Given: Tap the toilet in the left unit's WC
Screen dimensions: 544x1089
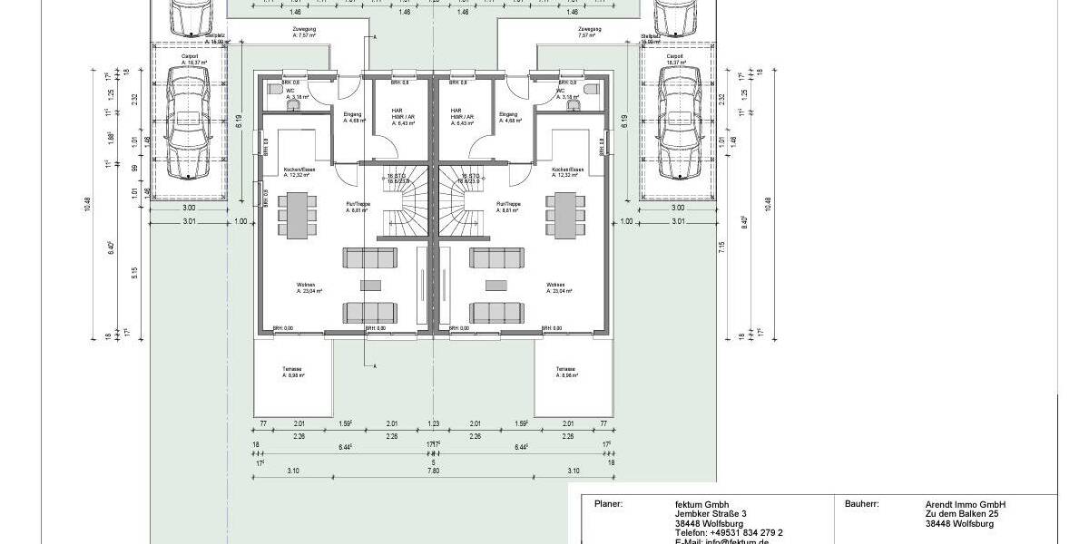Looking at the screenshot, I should pos(294,105).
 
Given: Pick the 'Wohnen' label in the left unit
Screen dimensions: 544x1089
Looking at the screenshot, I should pos(307,285).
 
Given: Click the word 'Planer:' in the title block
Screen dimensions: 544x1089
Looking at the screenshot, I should pos(608,504).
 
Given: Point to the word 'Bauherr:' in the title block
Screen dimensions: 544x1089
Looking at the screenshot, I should pos(860,504).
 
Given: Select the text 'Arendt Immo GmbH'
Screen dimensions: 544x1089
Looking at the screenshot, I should pos(966,504).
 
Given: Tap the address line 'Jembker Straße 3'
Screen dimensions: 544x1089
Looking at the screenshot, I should pos(704,514).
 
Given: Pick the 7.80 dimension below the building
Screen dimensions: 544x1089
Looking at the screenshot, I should pos(433,471).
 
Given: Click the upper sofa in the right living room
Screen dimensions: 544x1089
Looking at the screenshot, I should pos(497,258).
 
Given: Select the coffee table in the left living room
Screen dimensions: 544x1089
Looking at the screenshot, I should pos(370,286).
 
